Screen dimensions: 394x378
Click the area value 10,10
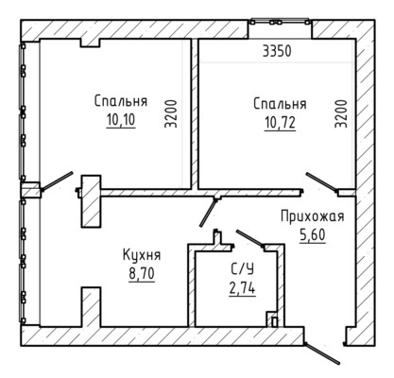121,120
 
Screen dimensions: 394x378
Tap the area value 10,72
280,122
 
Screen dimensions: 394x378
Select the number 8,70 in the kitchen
142,274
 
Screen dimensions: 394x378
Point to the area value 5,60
313,235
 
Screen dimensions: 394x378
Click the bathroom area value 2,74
242,288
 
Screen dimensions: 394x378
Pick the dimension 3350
277,51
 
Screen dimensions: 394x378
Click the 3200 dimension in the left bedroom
171,113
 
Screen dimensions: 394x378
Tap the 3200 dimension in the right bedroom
341,113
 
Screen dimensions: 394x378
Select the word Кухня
142,255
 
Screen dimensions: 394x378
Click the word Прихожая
313,216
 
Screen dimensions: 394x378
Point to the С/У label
242,269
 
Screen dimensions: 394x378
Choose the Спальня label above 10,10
121,101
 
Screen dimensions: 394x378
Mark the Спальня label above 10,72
280,104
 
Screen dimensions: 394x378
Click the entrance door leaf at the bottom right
322,353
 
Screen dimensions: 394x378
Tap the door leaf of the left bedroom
57,181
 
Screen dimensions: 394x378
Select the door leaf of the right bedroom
322,182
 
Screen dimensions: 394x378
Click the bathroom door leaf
250,238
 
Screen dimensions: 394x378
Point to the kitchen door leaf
208,213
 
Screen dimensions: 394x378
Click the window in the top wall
280,22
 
